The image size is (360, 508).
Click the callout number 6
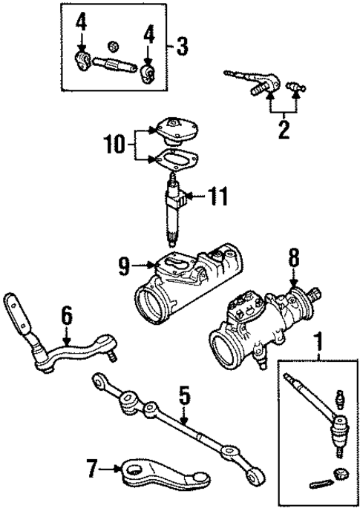point(68,316)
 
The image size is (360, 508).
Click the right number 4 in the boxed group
point(148,33)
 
